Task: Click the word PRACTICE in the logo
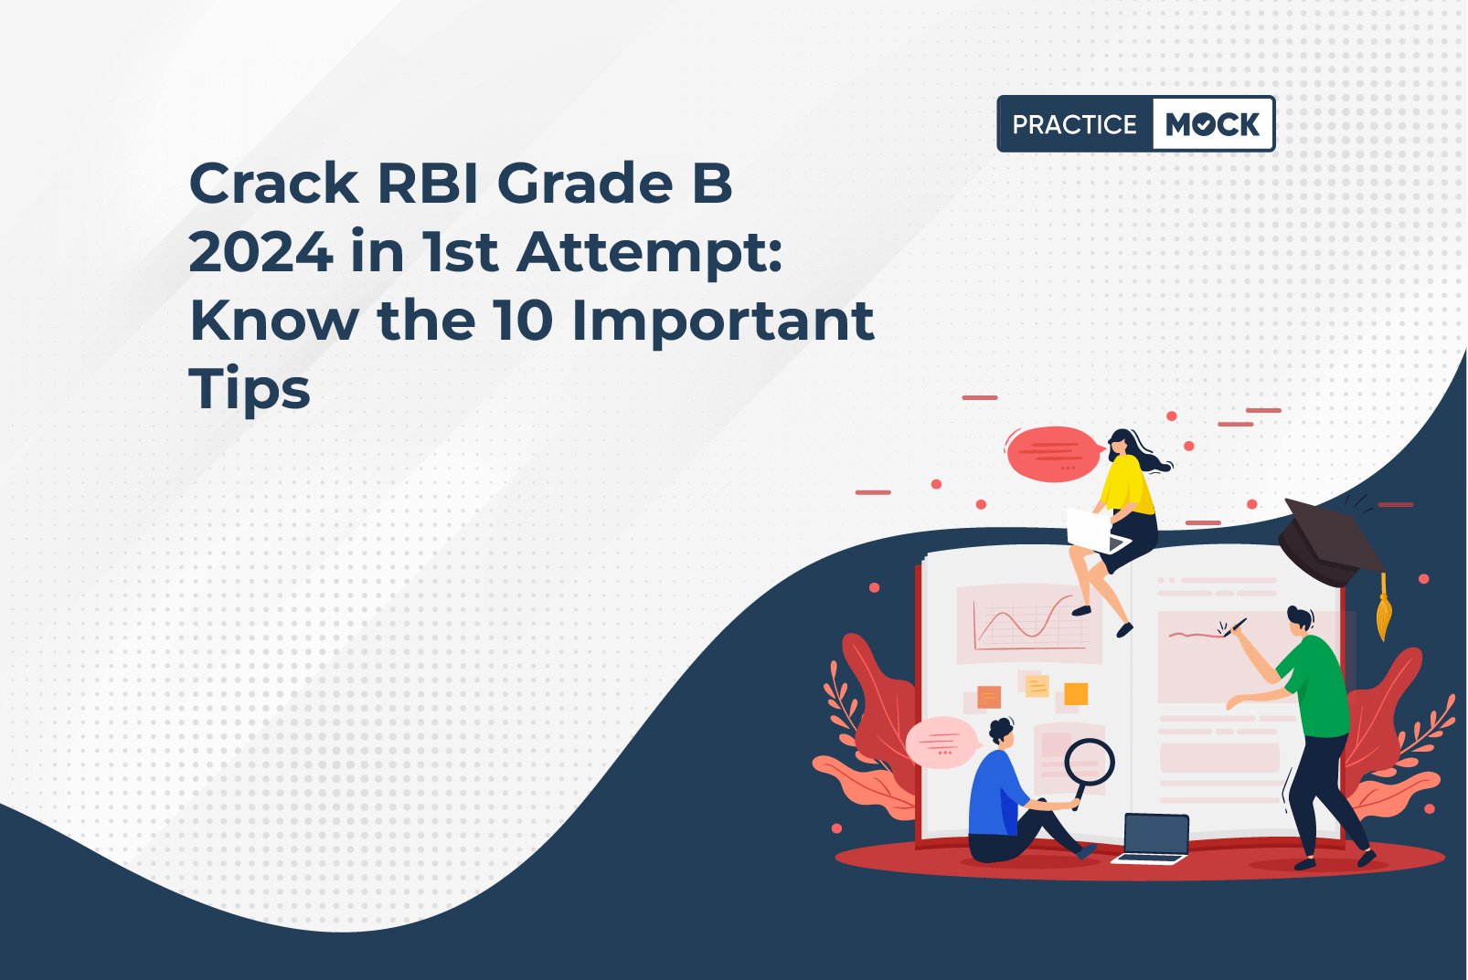coord(1074,124)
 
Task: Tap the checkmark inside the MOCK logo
coord(1207,124)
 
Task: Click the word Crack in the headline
coord(274,183)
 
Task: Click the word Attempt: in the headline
coord(650,256)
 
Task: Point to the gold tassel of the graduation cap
coord(1384,609)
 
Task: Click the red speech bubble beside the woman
coord(1053,453)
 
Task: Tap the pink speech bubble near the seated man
coord(941,742)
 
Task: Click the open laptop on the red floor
coord(1154,839)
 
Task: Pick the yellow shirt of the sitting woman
coord(1126,484)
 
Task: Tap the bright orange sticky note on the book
coord(1076,693)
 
